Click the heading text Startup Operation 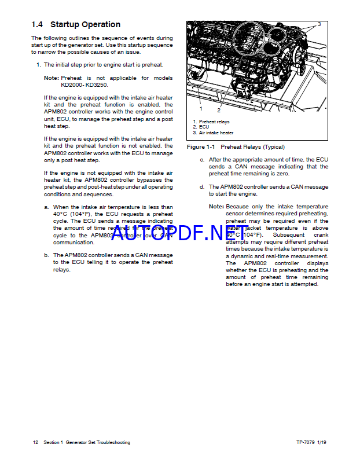85,24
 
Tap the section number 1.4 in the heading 38,24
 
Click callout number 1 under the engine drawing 200,108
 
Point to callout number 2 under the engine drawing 219,110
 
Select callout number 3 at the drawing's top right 319,24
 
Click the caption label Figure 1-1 201,147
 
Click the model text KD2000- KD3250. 85,85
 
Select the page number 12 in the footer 35,442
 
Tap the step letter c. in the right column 202,159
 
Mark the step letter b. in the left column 46,255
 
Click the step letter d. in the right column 202,187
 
